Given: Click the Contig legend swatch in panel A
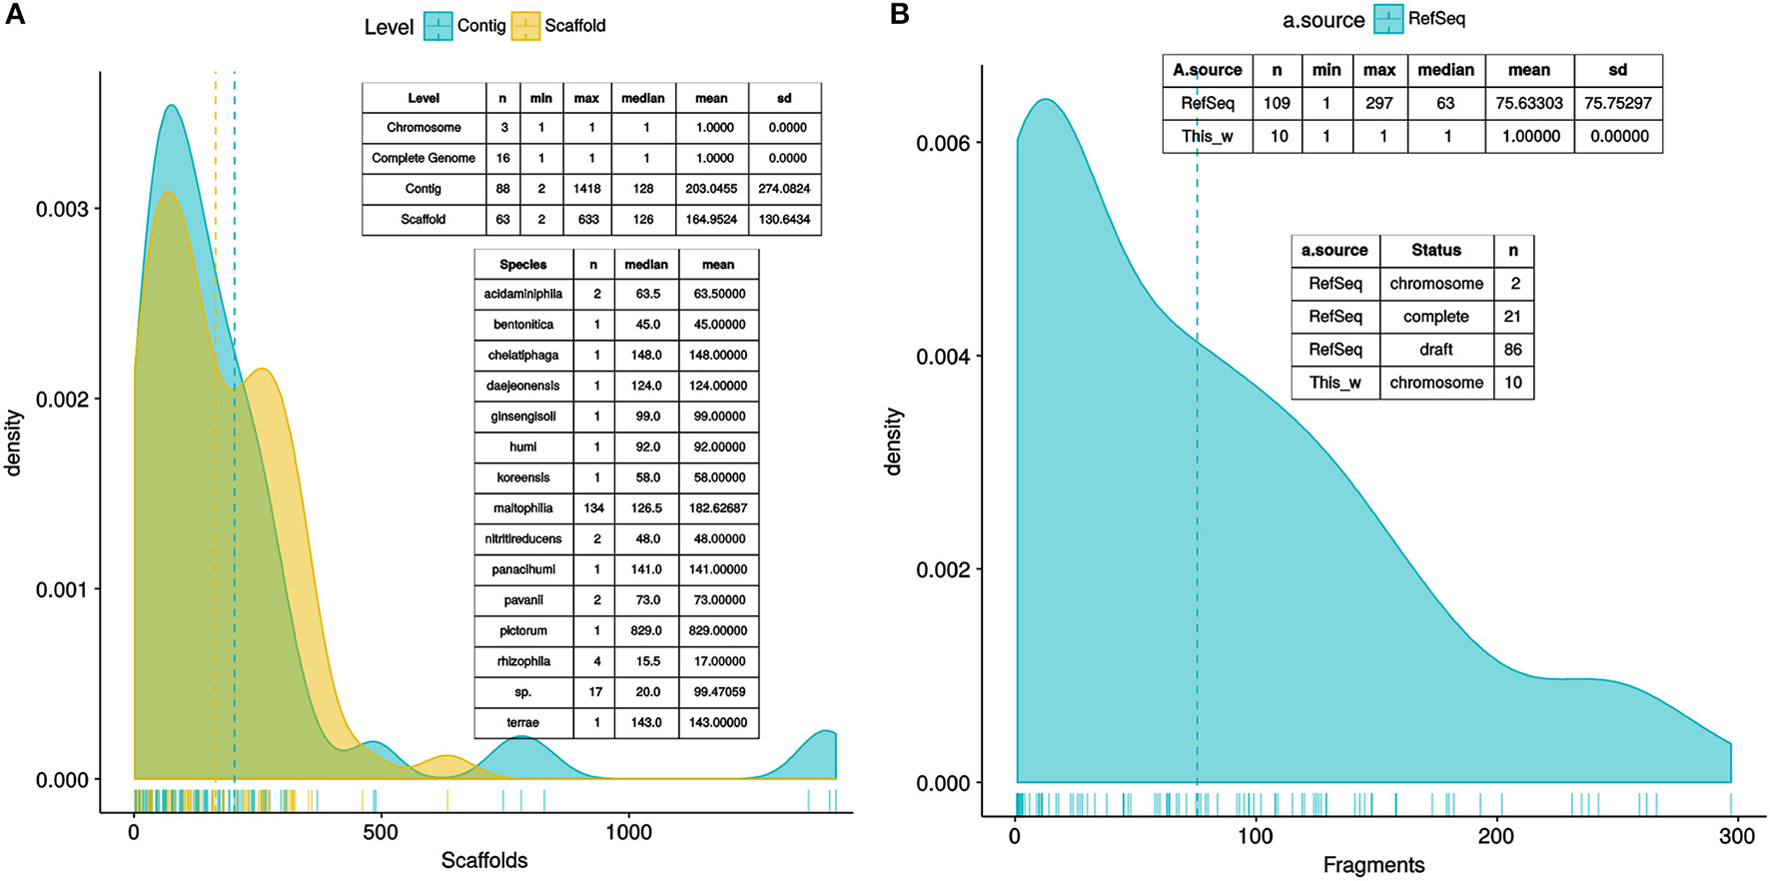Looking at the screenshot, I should [x=438, y=26].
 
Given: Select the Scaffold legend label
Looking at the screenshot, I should [x=574, y=26].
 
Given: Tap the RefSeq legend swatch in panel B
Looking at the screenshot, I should [x=1387, y=19].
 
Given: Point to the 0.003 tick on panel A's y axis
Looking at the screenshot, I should [x=62, y=209].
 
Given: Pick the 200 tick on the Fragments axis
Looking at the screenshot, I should [x=1496, y=837].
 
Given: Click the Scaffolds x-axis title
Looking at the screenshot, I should [x=484, y=860].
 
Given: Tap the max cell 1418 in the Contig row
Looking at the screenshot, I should [x=586, y=189].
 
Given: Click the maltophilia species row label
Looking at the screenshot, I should [x=522, y=508].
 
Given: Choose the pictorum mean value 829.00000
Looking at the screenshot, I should [x=717, y=631].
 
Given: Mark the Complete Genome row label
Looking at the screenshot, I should [x=424, y=158].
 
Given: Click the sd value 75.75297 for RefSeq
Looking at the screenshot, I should [x=1617, y=103].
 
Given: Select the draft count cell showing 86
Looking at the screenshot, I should [x=1512, y=350].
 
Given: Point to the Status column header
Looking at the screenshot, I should [x=1435, y=251].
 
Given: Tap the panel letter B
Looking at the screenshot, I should [x=899, y=15].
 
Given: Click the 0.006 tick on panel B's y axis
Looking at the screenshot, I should [x=943, y=143].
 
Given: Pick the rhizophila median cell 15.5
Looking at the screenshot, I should [x=645, y=661].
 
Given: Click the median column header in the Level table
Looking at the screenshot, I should [x=642, y=98].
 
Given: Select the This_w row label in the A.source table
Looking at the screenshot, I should [x=1208, y=136].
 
